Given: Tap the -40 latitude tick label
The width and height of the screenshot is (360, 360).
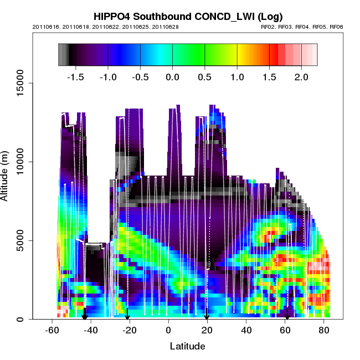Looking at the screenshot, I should coord(90,330).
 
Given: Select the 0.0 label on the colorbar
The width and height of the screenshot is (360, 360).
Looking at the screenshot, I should coord(173,76).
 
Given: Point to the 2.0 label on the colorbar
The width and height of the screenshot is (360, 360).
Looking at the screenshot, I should coord(302,76).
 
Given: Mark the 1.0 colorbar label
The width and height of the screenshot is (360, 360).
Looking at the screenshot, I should coord(238,76).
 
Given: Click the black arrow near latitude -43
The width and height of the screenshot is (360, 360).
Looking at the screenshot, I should coord(85,315).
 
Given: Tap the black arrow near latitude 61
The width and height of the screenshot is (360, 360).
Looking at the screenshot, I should coord(287,315).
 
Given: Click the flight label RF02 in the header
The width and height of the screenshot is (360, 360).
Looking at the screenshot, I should coord(268,27).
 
